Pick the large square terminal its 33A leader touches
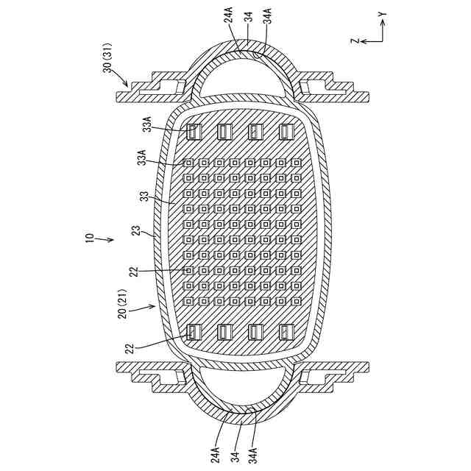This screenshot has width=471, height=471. (194, 132)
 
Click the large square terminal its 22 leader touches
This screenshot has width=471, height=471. (194, 332)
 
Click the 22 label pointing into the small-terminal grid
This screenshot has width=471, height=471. (135, 272)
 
